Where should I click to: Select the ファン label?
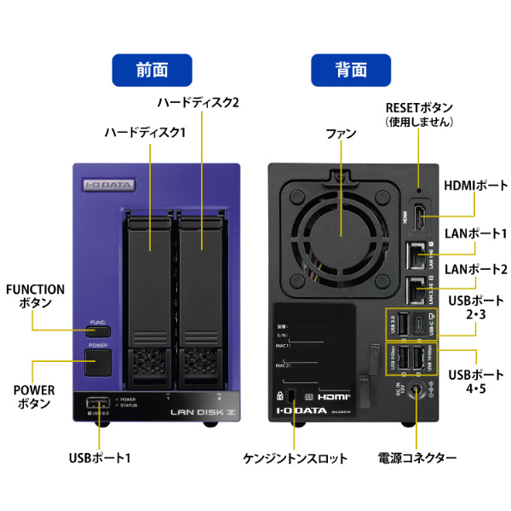(340, 135)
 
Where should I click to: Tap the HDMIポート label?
(474, 187)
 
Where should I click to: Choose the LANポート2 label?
(475, 269)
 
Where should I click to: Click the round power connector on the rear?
(416, 392)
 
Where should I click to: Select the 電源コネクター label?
(417, 458)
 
